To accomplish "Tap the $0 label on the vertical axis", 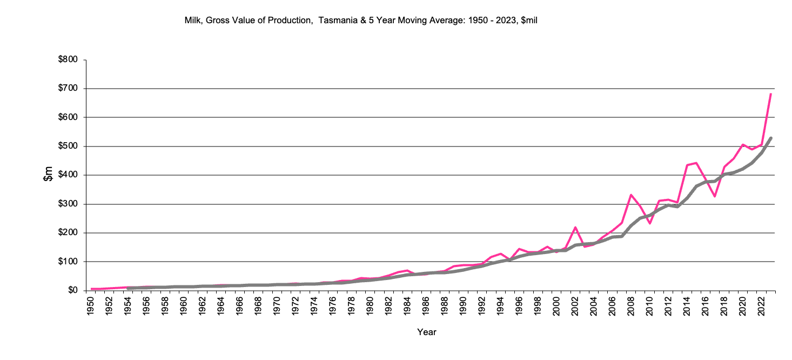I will [71, 290].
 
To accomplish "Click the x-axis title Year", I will [426, 332].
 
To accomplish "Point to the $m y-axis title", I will [48, 175].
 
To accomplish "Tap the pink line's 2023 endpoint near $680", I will [770, 94].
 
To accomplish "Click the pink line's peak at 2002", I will [575, 227].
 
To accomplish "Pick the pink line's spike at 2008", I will [631, 195].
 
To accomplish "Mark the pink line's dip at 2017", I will [715, 196].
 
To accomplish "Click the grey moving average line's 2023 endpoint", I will [771, 138].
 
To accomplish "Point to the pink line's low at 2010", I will [650, 223].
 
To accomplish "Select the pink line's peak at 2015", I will [696, 163].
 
